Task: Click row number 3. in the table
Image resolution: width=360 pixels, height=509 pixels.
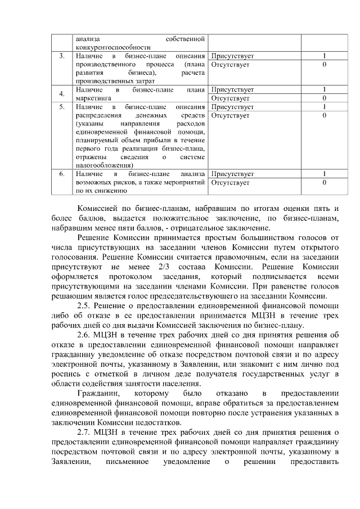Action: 61,56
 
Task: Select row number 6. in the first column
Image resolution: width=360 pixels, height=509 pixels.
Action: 61,174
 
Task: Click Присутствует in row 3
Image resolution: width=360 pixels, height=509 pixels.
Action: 232,56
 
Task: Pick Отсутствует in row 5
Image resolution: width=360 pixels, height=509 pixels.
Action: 229,115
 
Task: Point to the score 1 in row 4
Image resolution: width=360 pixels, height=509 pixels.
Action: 325,89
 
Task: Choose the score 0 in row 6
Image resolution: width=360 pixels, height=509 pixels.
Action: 325,182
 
